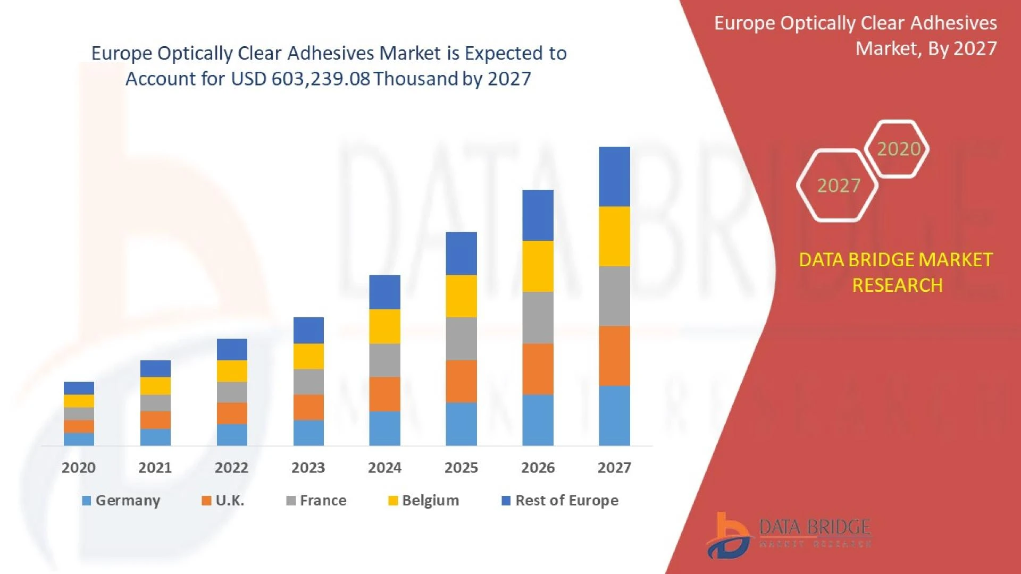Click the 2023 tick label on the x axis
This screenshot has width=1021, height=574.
[x=308, y=468]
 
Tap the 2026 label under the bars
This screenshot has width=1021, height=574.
[x=538, y=468]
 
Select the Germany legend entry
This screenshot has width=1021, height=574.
[x=121, y=501]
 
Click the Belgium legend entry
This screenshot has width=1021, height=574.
[x=424, y=501]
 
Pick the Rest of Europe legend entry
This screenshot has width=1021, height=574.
[x=560, y=501]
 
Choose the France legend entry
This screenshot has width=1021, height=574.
[x=316, y=501]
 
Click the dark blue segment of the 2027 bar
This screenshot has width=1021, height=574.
[x=614, y=176]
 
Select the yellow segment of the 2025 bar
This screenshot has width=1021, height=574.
[x=461, y=296]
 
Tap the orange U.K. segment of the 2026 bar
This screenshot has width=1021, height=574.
[x=538, y=369]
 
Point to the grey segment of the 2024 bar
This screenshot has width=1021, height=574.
[x=384, y=360]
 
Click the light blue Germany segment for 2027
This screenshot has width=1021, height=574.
[x=614, y=416]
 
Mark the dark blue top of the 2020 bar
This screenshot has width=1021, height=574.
[x=79, y=388]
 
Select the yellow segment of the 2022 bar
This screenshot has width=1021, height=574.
[x=232, y=371]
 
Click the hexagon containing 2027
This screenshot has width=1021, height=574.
[x=838, y=185]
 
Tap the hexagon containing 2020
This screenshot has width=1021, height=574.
[x=898, y=149]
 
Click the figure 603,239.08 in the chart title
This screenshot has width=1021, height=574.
[x=321, y=79]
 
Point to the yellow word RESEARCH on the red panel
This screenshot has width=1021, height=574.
[x=897, y=285]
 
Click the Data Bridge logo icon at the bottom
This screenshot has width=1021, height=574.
[x=729, y=536]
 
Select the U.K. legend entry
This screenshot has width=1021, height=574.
[x=223, y=501]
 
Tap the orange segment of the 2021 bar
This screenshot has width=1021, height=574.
[x=155, y=420]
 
